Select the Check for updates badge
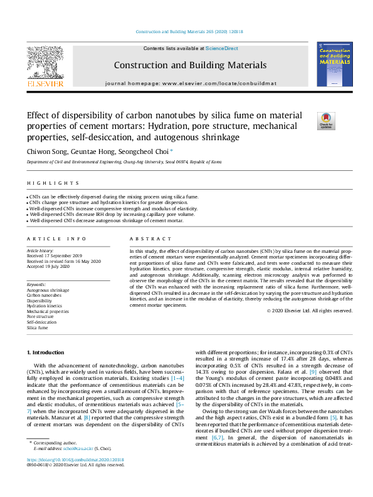point(327,120)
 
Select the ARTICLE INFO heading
point(48,239)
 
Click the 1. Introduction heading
point(46,354)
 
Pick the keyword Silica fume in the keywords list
point(37,327)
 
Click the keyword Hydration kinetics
point(45,306)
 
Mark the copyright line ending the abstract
point(310,310)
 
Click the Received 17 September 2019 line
point(54,255)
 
